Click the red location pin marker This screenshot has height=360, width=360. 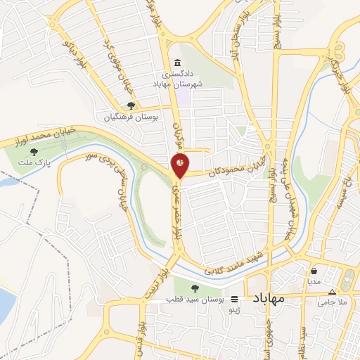click(180, 165)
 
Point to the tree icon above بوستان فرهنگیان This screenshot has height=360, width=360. click(131, 105)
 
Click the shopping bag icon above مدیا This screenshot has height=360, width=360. click(313, 270)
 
